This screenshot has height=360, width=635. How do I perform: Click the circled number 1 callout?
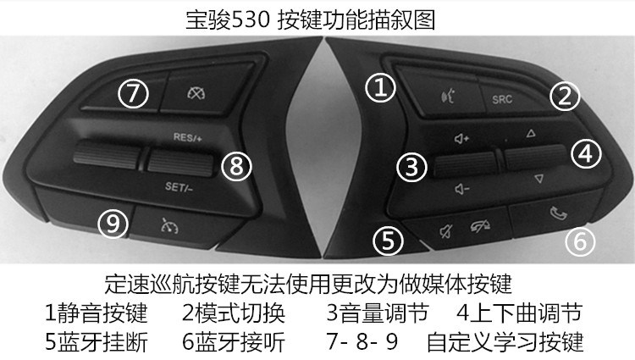pyautogui.click(x=380, y=87)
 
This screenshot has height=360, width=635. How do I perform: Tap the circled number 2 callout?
pyautogui.click(x=565, y=96)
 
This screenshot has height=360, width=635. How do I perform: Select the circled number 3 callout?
pyautogui.click(x=411, y=167)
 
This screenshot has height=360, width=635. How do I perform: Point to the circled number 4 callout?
pyautogui.click(x=586, y=153)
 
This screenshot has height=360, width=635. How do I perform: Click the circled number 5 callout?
pyautogui.click(x=388, y=241)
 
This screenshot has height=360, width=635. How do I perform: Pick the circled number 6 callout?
pyautogui.click(x=580, y=241)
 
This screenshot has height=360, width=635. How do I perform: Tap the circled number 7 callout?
pyautogui.click(x=133, y=93)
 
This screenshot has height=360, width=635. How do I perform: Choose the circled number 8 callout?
pyautogui.click(x=236, y=166)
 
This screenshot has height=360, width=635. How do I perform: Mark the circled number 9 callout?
pyautogui.click(x=113, y=223)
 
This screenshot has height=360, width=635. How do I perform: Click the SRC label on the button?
pyautogui.click(x=502, y=99)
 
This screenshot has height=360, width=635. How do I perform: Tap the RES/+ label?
pyautogui.click(x=187, y=137)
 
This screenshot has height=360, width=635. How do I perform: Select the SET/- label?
pyautogui.click(x=179, y=187)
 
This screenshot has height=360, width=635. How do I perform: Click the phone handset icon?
pyautogui.click(x=559, y=213)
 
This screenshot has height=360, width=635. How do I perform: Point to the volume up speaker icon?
pyautogui.click(x=461, y=139)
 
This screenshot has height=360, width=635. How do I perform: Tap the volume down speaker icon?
pyautogui.click(x=461, y=189)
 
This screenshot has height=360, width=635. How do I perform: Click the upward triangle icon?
pyautogui.click(x=531, y=133)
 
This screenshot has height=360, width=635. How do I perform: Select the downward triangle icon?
pyautogui.click(x=538, y=179)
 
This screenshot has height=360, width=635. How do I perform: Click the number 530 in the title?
pyautogui.click(x=251, y=19)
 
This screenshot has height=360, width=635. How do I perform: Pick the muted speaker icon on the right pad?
pyautogui.click(x=446, y=231)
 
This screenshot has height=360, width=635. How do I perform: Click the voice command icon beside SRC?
pyautogui.click(x=448, y=97)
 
